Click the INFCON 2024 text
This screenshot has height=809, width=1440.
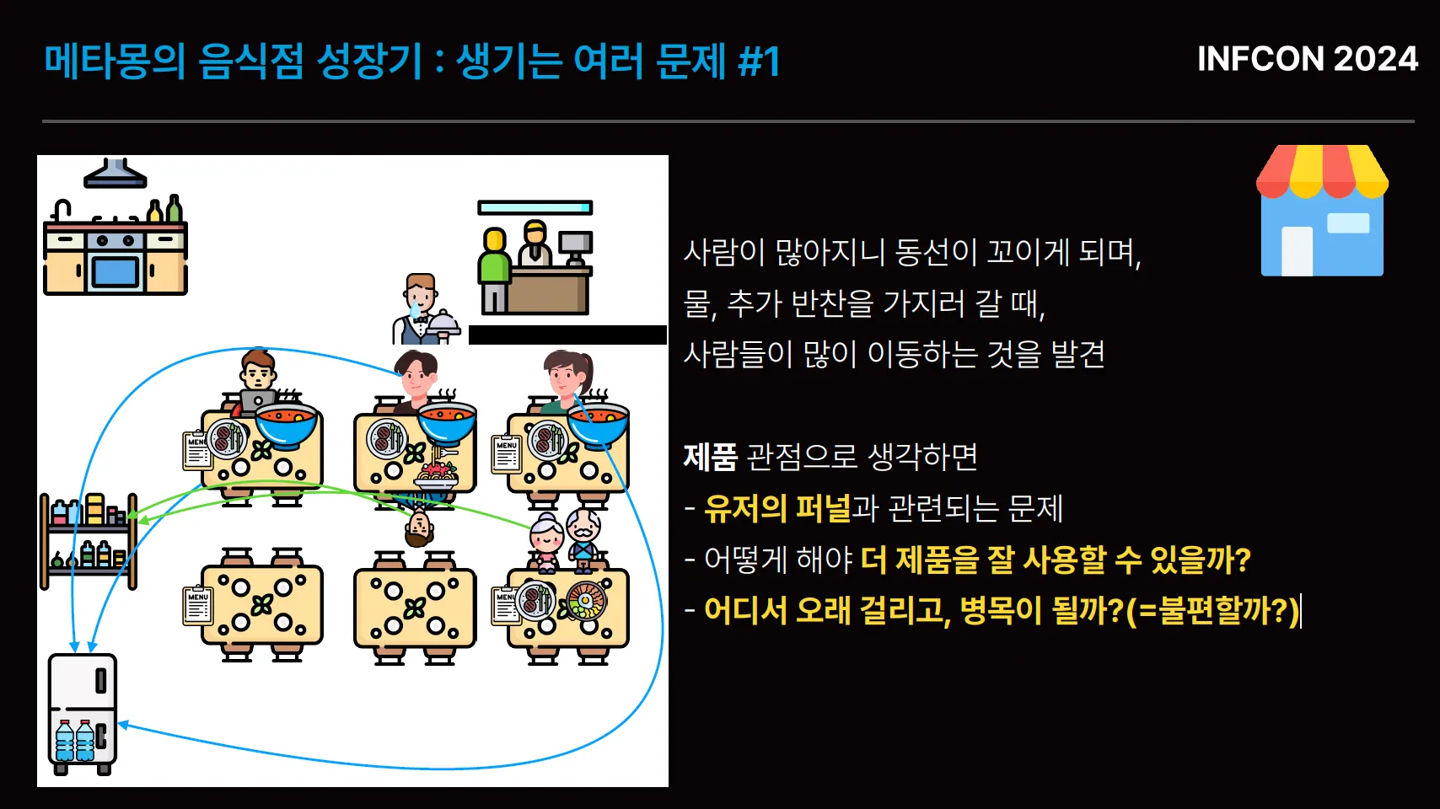[1307, 59]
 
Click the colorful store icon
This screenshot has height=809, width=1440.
[1321, 211]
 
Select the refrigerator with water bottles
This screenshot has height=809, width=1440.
[82, 713]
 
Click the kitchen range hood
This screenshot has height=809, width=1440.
[115, 174]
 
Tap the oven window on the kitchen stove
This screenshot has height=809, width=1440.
[115, 272]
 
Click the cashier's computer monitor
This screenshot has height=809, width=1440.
[575, 244]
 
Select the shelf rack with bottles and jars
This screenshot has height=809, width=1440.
[89, 539]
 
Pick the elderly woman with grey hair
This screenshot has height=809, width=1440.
[545, 539]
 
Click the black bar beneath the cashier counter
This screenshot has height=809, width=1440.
[567, 335]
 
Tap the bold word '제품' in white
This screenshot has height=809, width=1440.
[710, 457]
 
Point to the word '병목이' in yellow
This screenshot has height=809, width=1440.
[1001, 610]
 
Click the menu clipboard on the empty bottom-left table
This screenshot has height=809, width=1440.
[197, 605]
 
